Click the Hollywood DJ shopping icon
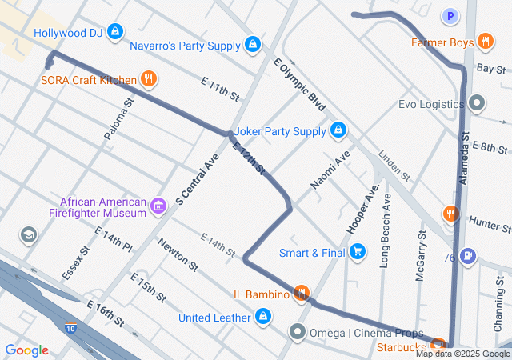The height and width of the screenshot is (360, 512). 116,32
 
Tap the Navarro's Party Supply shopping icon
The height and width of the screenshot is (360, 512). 253,45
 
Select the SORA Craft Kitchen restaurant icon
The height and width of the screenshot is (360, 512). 148,78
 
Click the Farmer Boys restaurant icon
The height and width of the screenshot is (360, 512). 485,42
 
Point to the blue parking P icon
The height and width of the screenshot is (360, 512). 451,16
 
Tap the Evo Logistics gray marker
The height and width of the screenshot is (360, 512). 478,103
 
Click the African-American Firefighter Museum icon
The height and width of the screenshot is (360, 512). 158,208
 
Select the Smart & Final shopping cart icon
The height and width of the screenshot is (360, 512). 358,253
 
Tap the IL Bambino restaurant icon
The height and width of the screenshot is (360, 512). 302,294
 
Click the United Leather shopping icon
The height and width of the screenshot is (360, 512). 262,317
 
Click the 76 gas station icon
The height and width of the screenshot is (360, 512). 469,257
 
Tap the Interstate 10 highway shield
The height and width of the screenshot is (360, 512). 71,328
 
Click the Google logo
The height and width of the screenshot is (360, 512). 27,350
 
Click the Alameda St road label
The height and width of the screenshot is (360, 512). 470,161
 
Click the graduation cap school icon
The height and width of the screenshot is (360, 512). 30,234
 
